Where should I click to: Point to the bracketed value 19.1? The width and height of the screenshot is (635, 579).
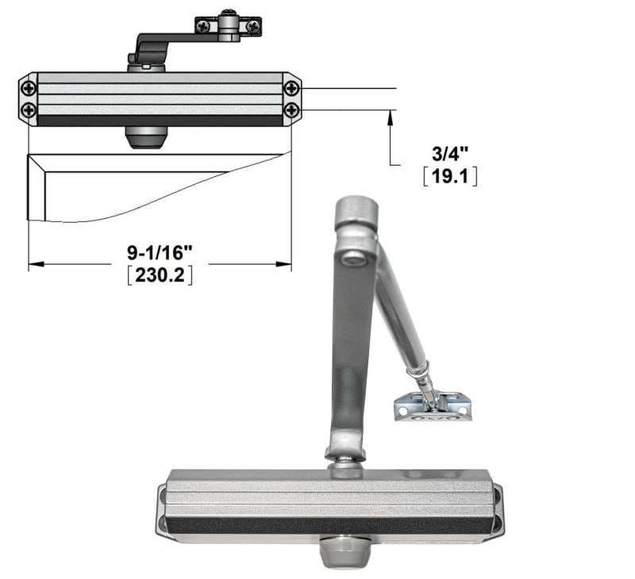449,176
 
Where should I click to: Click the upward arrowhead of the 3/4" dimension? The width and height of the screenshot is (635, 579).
390,116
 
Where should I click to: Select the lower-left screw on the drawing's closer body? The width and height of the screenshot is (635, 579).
29,109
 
